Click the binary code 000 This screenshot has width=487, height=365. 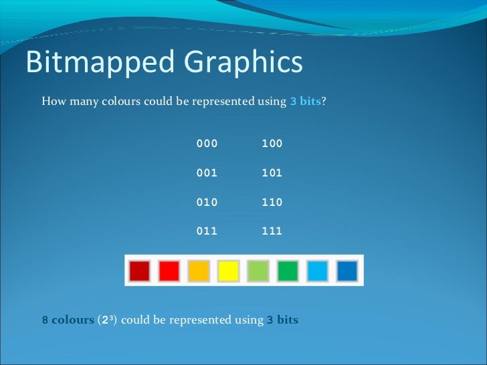click(207, 144)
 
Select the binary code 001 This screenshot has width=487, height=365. click(207, 172)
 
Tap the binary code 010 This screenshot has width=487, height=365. click(207, 202)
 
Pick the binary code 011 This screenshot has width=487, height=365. click(207, 231)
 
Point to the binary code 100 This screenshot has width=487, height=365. click(272, 144)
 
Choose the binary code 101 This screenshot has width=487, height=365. click(272, 172)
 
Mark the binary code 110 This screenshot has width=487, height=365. click(272, 202)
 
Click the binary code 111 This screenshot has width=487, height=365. click(272, 231)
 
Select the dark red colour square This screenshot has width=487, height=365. click(140, 271)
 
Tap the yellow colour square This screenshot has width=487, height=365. click(229, 271)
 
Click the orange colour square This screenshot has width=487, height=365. click(199, 271)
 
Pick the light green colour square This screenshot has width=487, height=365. click(258, 271)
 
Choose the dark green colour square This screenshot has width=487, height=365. click(288, 271)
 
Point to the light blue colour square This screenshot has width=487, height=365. click(317, 271)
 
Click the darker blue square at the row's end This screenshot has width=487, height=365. click(347, 271)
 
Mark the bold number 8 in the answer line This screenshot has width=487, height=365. click(45, 320)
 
